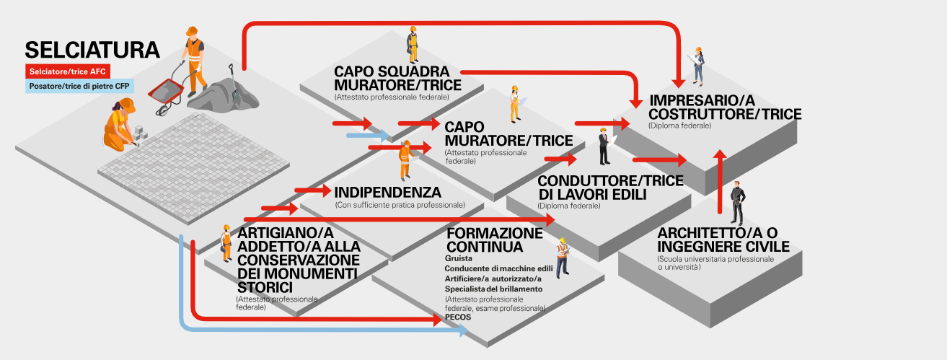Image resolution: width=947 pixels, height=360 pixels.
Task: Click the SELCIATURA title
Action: pos(92,50)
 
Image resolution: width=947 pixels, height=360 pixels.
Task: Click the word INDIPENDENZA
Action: pos(387,193)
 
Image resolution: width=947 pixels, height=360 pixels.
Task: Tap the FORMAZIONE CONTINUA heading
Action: pos(494,240)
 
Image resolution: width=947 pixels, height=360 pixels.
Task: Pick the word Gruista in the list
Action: pos(459,258)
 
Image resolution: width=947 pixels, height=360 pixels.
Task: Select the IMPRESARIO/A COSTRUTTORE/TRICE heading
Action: pos(725,107)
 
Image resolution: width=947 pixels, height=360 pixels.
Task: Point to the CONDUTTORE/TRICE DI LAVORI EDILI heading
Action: pos(610,188)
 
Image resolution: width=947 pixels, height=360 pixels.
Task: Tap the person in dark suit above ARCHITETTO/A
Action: pos(736,203)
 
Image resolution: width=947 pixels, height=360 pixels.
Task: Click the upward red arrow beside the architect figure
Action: pos(719,180)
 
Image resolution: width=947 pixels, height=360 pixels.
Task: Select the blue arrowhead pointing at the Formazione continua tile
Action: pos(461,331)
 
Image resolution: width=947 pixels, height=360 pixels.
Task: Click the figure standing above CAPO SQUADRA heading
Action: pos(413,45)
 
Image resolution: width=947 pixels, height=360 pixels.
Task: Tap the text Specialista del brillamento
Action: pos(494,289)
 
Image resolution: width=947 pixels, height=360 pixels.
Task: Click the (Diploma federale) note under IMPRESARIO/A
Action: pos(679,126)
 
